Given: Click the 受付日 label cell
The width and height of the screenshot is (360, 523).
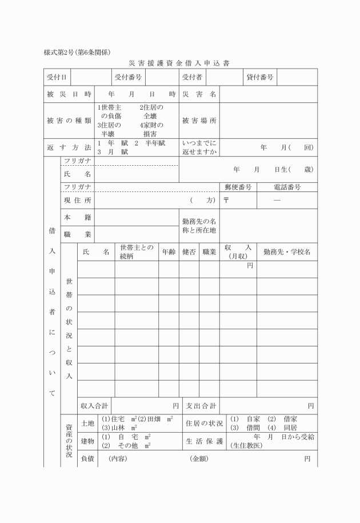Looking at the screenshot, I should pyautogui.click(x=57, y=77).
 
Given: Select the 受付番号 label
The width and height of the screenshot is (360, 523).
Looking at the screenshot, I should pyautogui.click(x=128, y=77).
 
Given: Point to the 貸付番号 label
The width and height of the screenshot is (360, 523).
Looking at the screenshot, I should pyautogui.click(x=260, y=77).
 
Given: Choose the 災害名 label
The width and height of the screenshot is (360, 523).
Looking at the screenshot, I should pyautogui.click(x=199, y=94).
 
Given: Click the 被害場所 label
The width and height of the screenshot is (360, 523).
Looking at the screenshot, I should pyautogui.click(x=199, y=121).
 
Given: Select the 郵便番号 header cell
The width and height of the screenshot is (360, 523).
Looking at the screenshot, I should pyautogui.click(x=237, y=187).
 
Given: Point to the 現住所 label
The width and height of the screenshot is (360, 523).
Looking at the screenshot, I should pyautogui.click(x=77, y=200).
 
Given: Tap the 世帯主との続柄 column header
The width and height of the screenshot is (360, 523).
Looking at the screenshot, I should pyautogui.click(x=136, y=251).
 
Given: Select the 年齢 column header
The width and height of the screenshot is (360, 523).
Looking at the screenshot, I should pyautogui.click(x=169, y=251).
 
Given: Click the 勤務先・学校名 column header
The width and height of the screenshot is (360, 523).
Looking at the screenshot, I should pyautogui.click(x=286, y=251).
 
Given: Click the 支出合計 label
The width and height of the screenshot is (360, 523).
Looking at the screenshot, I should pyautogui.click(x=200, y=406).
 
